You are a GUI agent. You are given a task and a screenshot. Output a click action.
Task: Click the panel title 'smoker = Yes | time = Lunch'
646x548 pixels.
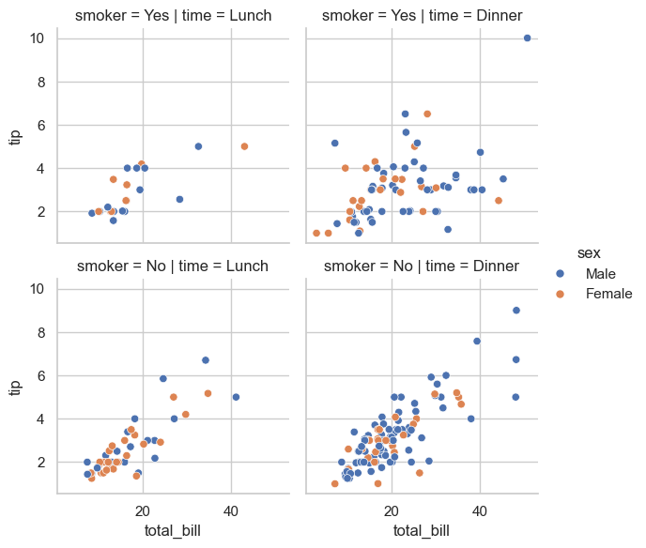click(174, 15)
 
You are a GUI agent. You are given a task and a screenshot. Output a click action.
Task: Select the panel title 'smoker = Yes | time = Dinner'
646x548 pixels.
click(422, 15)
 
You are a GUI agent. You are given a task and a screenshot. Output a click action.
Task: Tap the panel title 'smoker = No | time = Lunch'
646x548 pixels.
click(174, 266)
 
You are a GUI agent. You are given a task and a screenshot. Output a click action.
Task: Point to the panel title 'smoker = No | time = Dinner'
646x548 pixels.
click(422, 266)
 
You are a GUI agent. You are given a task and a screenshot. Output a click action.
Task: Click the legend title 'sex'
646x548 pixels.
click(590, 253)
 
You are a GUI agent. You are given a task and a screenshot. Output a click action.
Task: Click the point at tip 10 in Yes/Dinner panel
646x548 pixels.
click(527, 38)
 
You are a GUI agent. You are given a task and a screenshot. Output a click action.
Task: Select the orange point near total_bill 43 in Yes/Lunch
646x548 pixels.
click(244, 146)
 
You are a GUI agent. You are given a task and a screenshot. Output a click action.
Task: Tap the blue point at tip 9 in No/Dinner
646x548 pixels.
click(515, 311)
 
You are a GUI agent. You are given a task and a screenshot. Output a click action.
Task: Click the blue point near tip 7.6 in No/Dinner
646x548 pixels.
click(477, 342)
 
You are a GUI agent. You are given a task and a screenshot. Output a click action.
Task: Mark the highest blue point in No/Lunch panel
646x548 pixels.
click(206, 360)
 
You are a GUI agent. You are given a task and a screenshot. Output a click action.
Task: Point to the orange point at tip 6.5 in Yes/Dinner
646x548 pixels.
click(427, 114)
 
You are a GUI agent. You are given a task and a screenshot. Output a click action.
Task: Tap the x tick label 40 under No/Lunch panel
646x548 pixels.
click(231, 511)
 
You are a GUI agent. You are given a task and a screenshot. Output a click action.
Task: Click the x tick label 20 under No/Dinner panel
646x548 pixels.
click(392, 511)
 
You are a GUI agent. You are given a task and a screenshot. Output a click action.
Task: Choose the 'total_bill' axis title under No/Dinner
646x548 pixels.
click(422, 532)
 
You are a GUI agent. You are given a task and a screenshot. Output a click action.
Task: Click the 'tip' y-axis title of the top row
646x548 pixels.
click(15, 136)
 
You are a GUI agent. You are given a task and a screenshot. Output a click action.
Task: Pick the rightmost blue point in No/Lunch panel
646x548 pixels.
click(236, 397)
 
